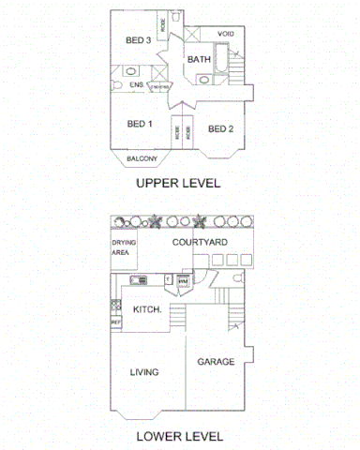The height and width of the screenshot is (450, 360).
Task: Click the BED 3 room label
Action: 139,40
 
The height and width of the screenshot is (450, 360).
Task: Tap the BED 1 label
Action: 139,124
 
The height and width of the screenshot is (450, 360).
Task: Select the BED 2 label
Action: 219,128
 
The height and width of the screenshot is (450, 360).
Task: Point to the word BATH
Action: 199,60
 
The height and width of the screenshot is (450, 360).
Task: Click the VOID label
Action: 226,34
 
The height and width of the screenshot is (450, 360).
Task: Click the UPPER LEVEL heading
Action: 179,183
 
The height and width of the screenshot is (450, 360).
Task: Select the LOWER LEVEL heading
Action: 179,435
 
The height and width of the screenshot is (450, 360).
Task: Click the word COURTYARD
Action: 200,242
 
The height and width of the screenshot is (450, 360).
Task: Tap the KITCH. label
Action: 147,308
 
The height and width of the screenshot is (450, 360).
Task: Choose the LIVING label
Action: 143,372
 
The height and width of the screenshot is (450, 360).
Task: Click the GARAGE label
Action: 215,361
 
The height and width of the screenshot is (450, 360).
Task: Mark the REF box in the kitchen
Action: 116,322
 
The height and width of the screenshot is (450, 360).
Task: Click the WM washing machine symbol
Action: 184,280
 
